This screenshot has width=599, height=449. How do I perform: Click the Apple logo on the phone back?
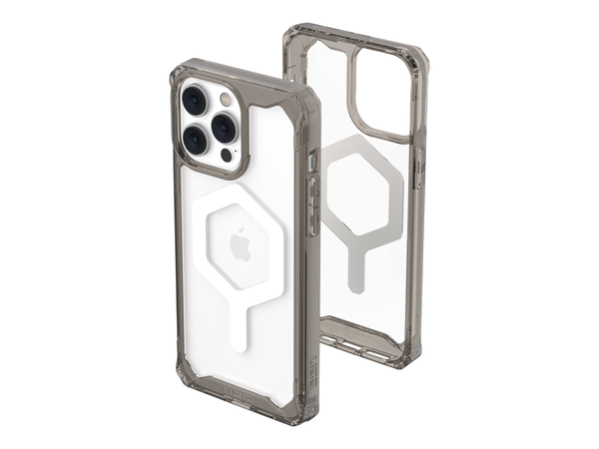tap(241, 243)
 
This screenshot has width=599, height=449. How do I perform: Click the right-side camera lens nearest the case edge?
tap(224, 127)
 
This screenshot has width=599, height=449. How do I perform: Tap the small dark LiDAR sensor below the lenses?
tap(227, 155)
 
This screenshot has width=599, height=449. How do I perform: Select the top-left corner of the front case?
tap(181, 72)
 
